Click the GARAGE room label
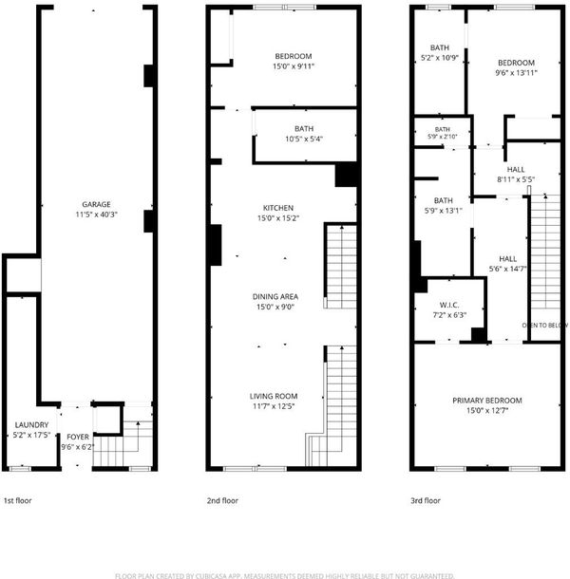pyautogui.click(x=96, y=205)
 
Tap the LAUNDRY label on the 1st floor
pyautogui.click(x=31, y=424)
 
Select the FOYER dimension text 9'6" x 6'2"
pyautogui.click(x=78, y=447)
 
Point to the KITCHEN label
pyautogui.click(x=278, y=208)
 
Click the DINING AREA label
pyautogui.click(x=275, y=296)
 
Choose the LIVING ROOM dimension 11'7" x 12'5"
pyautogui.click(x=274, y=406)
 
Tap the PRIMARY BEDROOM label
pyautogui.click(x=487, y=401)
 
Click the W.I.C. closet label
pyautogui.click(x=449, y=305)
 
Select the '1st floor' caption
pyautogui.click(x=17, y=501)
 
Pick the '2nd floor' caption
pyautogui.click(x=222, y=501)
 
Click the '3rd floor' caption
pyautogui.click(x=426, y=501)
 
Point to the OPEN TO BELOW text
pyautogui.click(x=545, y=326)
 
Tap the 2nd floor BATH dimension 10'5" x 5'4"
pyautogui.click(x=304, y=139)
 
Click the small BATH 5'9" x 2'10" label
pyautogui.click(x=443, y=133)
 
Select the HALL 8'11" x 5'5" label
pyautogui.click(x=516, y=175)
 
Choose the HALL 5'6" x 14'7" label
pyautogui.click(x=508, y=264)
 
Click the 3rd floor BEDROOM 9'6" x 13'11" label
pyautogui.click(x=516, y=67)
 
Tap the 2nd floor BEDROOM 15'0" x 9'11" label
pyautogui.click(x=294, y=61)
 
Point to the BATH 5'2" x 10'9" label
pyautogui.click(x=440, y=52)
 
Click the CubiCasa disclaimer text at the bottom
pyautogui.click(x=285, y=575)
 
